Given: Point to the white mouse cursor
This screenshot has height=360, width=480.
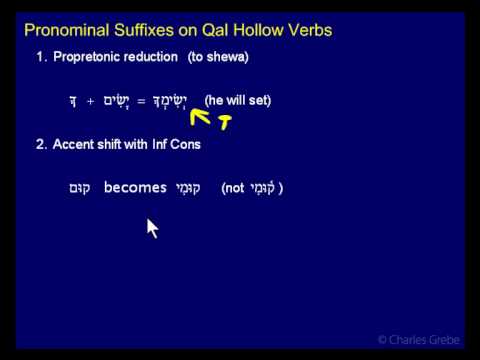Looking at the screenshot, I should (x=151, y=228).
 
